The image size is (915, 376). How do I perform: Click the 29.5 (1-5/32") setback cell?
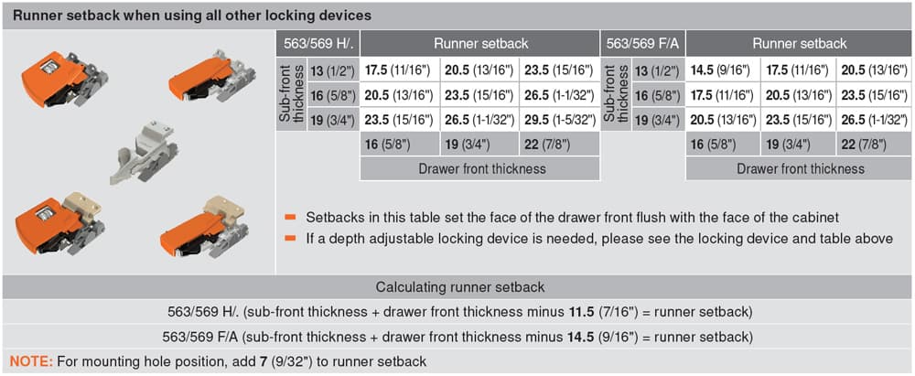pyautogui.click(x=559, y=121)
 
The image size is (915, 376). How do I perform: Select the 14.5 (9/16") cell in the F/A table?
pyautogui.click(x=723, y=70)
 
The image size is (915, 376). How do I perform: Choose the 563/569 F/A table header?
pyautogui.click(x=642, y=44)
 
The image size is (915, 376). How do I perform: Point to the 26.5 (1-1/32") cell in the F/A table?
pyautogui.click(x=874, y=121)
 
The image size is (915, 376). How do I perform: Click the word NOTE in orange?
pyautogui.click(x=28, y=361)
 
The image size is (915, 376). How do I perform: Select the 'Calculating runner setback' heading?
pyautogui.click(x=460, y=286)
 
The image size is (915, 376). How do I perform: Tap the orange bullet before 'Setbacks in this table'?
pyautogui.click(x=291, y=217)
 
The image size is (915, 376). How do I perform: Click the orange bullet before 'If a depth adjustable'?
pyautogui.click(x=291, y=238)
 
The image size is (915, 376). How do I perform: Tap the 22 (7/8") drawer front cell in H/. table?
pyautogui.click(x=559, y=144)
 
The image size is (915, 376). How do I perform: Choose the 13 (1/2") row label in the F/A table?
pyautogui.click(x=657, y=70)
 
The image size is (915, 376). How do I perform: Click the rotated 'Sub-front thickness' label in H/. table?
pyautogui.click(x=293, y=94)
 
